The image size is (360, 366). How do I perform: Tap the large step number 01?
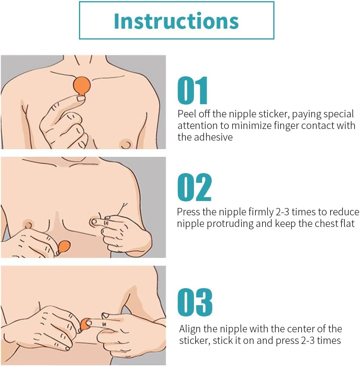click(192, 91)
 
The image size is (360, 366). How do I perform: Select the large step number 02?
click(194, 187)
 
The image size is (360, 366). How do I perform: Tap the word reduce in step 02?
click(345, 212)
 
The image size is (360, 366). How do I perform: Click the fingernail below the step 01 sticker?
click(81, 98)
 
